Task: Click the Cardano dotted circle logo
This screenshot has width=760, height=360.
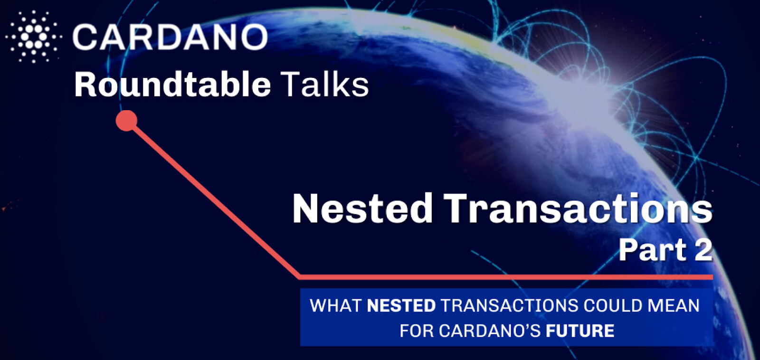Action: click(34, 37)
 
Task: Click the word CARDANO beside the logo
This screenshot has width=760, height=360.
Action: click(171, 37)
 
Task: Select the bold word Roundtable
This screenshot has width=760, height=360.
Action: click(172, 85)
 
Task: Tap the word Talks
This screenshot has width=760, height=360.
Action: click(325, 85)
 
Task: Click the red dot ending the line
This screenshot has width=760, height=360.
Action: click(126, 121)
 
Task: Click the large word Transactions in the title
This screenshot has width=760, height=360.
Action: click(578, 208)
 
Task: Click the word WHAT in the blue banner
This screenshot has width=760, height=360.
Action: click(335, 305)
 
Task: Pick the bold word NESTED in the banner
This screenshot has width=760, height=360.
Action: click(401, 305)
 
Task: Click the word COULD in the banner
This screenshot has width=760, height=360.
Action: click(613, 305)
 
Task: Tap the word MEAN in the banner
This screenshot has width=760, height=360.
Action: click(674, 305)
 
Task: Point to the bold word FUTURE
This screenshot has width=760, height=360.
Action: click(580, 331)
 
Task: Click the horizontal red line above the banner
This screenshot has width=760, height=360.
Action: click(505, 277)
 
